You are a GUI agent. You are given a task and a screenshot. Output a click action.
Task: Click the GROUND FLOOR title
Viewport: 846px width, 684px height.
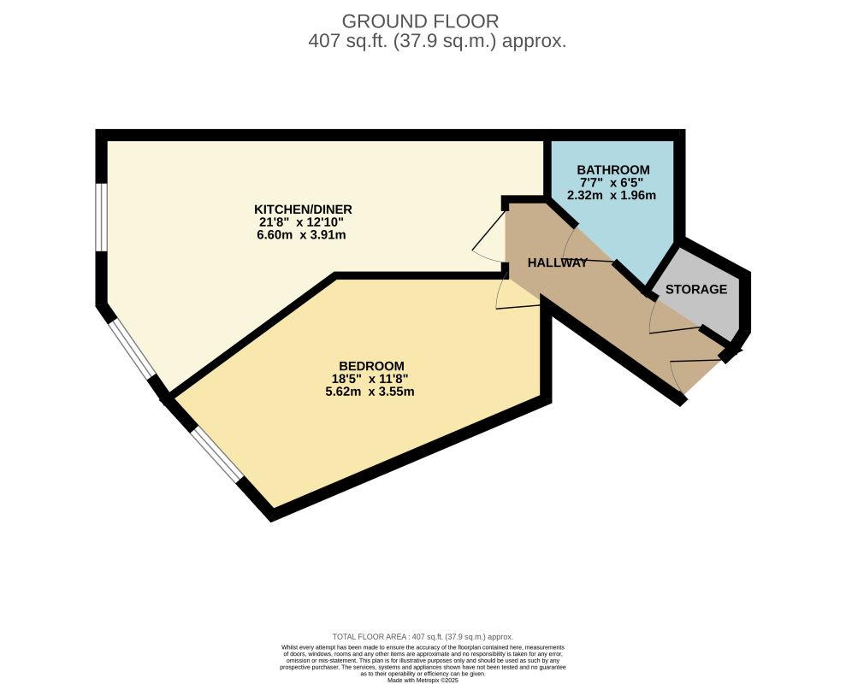pyautogui.click(x=420, y=21)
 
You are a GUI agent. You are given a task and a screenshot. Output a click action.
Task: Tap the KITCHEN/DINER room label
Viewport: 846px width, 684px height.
pyautogui.click(x=303, y=209)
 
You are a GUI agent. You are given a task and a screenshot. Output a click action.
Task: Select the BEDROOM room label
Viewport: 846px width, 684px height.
pyautogui.click(x=371, y=365)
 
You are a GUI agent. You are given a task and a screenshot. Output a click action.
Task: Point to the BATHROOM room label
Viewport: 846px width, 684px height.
pyautogui.click(x=612, y=169)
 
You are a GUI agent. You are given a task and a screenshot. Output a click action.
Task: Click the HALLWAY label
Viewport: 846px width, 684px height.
pyautogui.click(x=558, y=262)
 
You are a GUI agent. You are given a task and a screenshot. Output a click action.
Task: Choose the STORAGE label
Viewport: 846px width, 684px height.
pyautogui.click(x=696, y=289)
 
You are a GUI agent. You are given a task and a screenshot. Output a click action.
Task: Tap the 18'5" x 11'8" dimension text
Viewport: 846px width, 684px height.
pyautogui.click(x=371, y=379)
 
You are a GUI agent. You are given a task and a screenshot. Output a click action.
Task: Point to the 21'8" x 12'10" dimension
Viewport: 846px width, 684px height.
pyautogui.click(x=303, y=222)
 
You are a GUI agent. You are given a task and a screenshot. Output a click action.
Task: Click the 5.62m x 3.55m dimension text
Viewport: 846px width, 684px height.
pyautogui.click(x=371, y=392)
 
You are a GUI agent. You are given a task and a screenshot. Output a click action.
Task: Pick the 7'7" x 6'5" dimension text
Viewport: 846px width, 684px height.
pyautogui.click(x=612, y=182)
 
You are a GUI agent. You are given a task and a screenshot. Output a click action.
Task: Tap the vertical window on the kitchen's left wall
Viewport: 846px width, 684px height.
pyautogui.click(x=101, y=217)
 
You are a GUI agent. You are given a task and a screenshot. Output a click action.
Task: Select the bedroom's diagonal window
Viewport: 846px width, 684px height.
pyautogui.click(x=216, y=454)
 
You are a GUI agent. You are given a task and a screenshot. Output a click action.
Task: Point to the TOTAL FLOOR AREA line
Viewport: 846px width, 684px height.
pyautogui.click(x=423, y=637)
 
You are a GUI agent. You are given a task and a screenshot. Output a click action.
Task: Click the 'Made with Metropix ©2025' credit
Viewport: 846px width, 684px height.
pyautogui.click(x=423, y=680)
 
